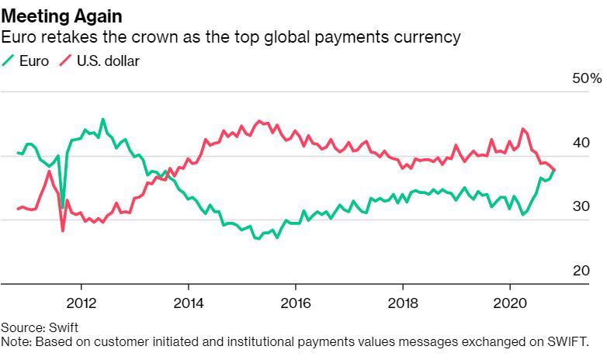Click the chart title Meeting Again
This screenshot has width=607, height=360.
pyautogui.click(x=61, y=15)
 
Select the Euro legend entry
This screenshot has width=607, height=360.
pyautogui.click(x=28, y=60)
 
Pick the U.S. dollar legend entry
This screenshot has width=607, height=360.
pyautogui.click(x=99, y=60)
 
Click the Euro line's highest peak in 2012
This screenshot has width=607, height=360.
pyautogui.click(x=103, y=119)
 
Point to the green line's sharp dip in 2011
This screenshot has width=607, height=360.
pyautogui.click(x=63, y=208)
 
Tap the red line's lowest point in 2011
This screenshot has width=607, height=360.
pyautogui.click(x=63, y=231)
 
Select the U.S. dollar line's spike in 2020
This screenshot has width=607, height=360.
pyautogui.click(x=522, y=129)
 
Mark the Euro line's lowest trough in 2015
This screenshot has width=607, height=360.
pyautogui.click(x=258, y=238)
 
